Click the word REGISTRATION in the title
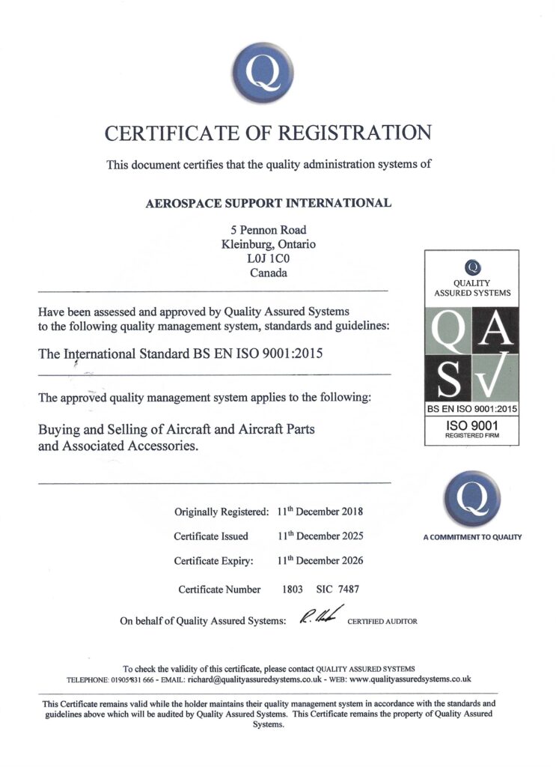click(355, 133)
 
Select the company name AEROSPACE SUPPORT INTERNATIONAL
click(269, 203)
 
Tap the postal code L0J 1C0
click(269, 259)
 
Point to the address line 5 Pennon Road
click(269, 230)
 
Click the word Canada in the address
click(269, 273)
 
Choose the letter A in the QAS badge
click(495, 327)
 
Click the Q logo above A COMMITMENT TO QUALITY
click(471, 498)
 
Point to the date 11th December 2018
click(320, 512)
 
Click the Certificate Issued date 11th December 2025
click(320, 536)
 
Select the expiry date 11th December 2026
click(320, 560)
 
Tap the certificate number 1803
click(292, 589)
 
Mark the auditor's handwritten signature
click(320, 616)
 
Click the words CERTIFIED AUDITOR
click(382, 622)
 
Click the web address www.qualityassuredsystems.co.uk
click(409, 679)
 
